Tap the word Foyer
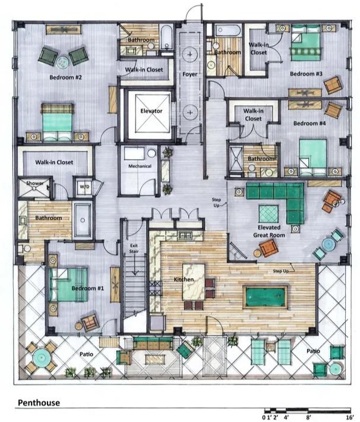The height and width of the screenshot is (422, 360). point(190,75)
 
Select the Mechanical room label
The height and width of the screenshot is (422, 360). point(140,166)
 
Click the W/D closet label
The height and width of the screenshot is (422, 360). point(83,187)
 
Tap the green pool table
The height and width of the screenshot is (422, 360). point(266,295)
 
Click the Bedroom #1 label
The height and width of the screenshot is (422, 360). point(88,288)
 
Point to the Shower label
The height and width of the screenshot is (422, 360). point(33,183)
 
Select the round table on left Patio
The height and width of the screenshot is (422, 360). point(43,357)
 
